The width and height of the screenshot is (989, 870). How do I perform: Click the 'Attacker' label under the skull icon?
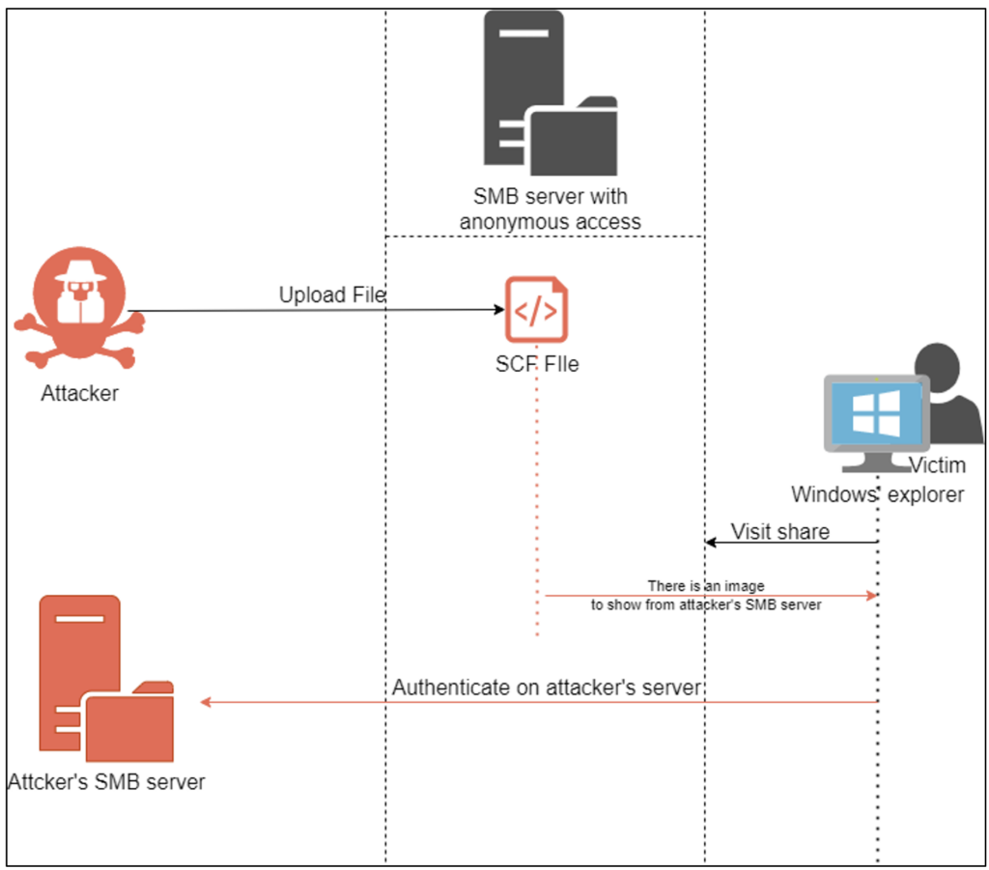pos(79,393)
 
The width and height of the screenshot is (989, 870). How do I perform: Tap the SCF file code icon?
pos(536,310)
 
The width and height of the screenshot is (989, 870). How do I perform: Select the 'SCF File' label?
pos(537,364)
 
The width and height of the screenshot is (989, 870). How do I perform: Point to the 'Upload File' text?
pos(332,295)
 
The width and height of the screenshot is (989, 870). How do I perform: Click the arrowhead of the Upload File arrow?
pos(500,309)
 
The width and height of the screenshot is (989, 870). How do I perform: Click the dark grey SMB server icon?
pos(550,93)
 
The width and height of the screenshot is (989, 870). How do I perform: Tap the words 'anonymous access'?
pos(550,222)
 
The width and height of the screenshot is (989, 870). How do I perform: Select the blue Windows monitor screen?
pos(876,413)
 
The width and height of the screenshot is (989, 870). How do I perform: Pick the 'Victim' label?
pos(937,465)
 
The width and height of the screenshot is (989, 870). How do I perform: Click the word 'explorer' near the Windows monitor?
pos(925,495)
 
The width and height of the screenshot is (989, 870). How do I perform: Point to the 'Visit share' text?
pos(780,531)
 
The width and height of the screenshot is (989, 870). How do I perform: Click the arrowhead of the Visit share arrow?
pos(710,542)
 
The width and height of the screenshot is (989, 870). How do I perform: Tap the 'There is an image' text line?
pos(706,586)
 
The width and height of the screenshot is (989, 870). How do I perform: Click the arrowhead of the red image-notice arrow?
pos(872,595)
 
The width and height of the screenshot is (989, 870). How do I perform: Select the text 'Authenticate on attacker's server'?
pos(547,688)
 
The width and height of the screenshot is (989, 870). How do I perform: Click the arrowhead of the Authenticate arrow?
pos(206,702)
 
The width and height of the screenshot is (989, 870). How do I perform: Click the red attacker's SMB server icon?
pos(106,679)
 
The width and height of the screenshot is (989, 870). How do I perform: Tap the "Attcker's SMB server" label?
pos(106,782)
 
